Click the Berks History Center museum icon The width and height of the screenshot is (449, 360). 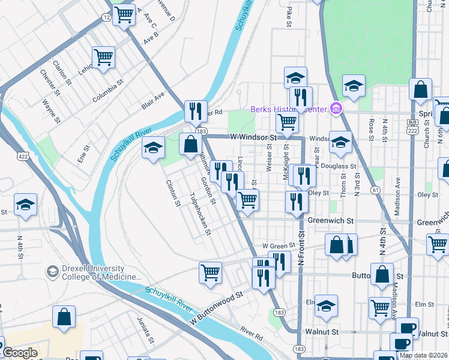[336, 109]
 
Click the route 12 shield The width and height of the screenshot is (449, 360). [106, 18]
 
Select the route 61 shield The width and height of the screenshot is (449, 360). [376, 190]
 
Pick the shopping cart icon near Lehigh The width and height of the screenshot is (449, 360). [104, 58]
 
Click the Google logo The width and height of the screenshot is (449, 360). [20, 353]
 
